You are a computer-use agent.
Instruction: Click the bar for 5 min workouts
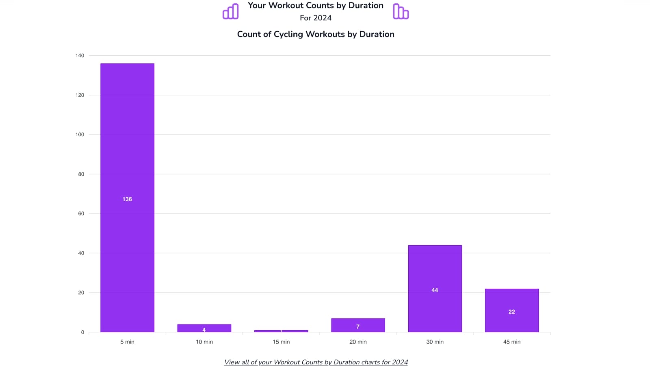(127, 163)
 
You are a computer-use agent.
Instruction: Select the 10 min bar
(204, 328)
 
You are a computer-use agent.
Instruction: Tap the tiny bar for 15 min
(281, 331)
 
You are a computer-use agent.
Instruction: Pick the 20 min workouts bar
(358, 325)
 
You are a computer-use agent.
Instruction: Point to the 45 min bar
(511, 301)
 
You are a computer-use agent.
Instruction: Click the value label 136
(127, 199)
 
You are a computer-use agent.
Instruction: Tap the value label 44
(435, 290)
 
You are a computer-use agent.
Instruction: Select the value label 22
(511, 312)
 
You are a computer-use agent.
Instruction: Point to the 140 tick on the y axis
(80, 56)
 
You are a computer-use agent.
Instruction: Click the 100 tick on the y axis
(80, 135)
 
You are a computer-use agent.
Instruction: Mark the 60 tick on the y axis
(81, 213)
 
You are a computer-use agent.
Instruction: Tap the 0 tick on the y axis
(82, 332)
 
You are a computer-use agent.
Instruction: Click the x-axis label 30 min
(435, 342)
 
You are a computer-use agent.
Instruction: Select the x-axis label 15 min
(281, 342)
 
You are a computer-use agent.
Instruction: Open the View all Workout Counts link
(316, 362)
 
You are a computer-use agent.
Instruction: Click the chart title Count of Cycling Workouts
(316, 34)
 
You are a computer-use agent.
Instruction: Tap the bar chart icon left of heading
(231, 11)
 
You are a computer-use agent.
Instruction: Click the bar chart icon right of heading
(401, 11)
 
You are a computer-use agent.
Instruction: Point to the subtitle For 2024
(316, 18)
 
